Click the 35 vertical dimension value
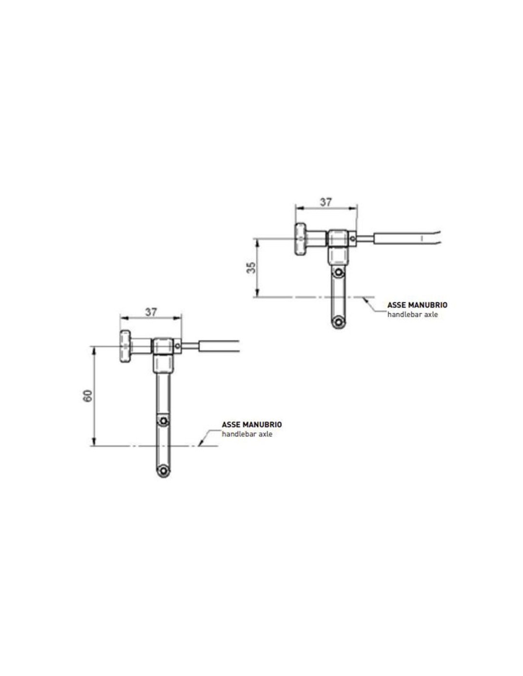[252, 267]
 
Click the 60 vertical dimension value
[88, 396]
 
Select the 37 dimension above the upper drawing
[326, 202]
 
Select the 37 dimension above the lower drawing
[151, 312]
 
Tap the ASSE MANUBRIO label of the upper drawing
[417, 305]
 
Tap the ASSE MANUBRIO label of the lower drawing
[252, 425]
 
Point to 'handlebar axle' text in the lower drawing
[247, 434]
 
